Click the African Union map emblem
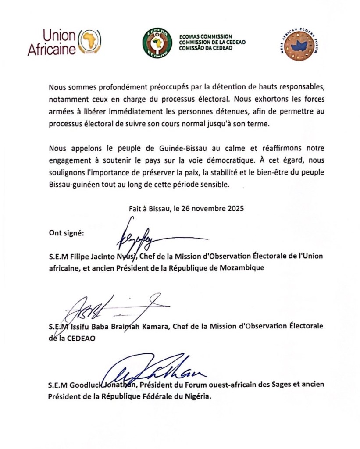[89, 43]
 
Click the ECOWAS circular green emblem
[157, 43]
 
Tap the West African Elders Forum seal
[299, 45]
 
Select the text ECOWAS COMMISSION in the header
[206, 37]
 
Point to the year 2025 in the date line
[235, 209]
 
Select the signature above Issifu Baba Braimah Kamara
[114, 309]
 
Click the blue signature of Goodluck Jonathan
[153, 373]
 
